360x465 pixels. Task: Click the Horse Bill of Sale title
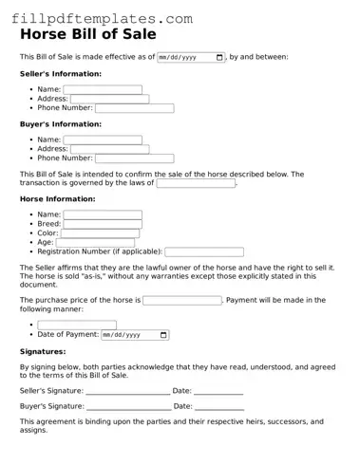[89, 35]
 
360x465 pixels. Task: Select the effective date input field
[191, 57]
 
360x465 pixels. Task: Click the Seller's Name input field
[103, 90]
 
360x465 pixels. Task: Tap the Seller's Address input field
[108, 99]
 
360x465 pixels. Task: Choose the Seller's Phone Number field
[134, 108]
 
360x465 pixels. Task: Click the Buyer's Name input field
[103, 139]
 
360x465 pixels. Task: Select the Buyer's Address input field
[108, 149]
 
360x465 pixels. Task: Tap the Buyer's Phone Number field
[134, 158]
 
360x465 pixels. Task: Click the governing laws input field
[196, 183]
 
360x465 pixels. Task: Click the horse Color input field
[100, 233]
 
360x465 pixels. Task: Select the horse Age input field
[96, 243]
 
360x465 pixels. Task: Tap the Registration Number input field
[203, 252]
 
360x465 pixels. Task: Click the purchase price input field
[182, 300]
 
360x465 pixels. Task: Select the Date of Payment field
[135, 335]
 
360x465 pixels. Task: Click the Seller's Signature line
[127, 391]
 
